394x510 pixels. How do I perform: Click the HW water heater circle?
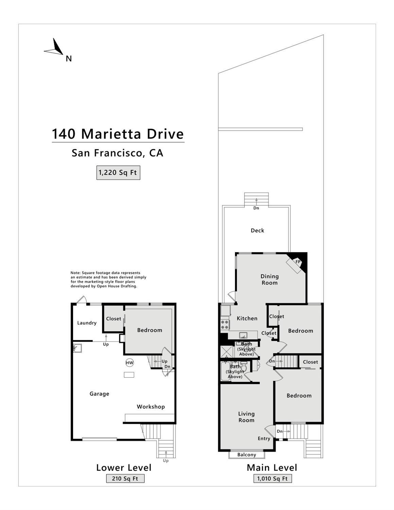point(130,363)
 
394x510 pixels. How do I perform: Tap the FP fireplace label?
point(298,262)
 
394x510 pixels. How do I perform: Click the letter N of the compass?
point(69,59)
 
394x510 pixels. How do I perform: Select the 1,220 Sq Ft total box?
point(118,173)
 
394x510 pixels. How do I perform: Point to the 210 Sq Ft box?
point(125,479)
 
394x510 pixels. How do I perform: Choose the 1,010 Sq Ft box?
point(273,479)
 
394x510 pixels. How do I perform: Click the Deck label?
point(257,230)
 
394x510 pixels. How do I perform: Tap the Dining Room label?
point(270,280)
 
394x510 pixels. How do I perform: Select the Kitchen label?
point(247,318)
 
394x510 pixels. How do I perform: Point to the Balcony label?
point(247,455)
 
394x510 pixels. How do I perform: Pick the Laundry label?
point(87,323)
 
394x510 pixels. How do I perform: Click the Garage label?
point(99,394)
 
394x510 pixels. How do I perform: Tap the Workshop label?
point(151,407)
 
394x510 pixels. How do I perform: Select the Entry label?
point(264,439)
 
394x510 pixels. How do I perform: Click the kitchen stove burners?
point(225,325)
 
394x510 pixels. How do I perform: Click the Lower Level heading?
point(124,468)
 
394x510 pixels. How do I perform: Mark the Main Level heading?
point(272,468)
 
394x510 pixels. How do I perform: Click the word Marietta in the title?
point(111,134)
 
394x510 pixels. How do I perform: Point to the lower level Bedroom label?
point(150,330)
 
